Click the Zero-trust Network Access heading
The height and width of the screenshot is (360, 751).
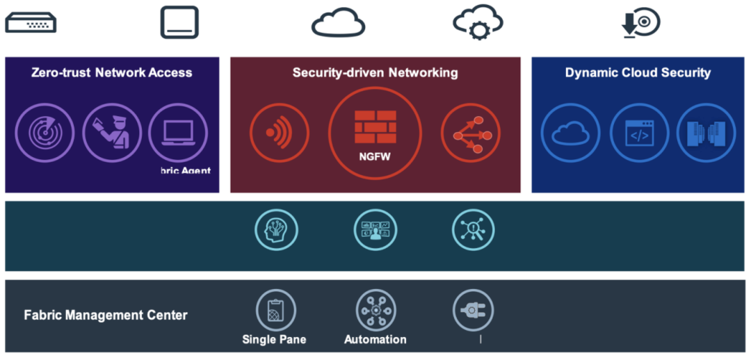point(111,72)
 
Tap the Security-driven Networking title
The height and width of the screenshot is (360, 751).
point(375,72)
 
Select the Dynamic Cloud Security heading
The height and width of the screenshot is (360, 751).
point(638,72)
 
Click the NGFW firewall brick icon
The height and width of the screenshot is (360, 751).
point(375,125)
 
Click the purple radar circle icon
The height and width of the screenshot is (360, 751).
point(45,132)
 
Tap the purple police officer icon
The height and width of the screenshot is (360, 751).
point(111,132)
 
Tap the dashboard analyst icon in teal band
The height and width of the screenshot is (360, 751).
point(375,229)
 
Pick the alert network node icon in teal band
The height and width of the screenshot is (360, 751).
point(473,229)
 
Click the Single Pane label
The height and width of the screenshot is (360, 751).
point(274,340)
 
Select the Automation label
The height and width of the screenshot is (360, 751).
point(375,340)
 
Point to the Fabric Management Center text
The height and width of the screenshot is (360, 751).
point(106,315)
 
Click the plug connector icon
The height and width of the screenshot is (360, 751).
point(473,310)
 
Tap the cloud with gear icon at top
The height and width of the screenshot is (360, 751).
point(478,23)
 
